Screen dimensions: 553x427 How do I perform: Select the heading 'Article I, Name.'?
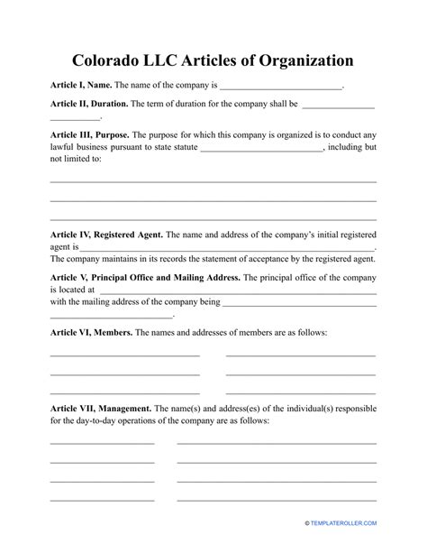point(81,86)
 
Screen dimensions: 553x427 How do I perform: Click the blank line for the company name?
point(281,88)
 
